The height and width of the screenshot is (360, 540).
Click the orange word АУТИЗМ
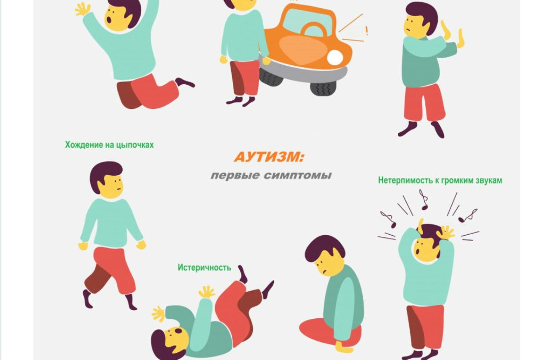coord(267,157)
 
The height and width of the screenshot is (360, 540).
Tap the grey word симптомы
coord(298,175)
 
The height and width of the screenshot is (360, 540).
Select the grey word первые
coord(235,175)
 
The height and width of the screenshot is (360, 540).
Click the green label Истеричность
coord(205,267)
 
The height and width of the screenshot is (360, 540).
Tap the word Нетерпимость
coord(405,180)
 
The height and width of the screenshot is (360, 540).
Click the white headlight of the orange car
coord(335,57)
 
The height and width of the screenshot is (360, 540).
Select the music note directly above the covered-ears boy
coord(424,199)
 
